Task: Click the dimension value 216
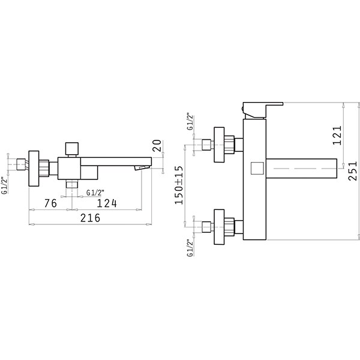pos(90,218)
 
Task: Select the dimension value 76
pos(50,203)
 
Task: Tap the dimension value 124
pos(107,203)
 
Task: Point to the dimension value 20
pos(157,146)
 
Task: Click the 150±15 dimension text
pos(179,185)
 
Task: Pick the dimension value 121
pos(337,135)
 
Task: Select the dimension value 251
pos(353,171)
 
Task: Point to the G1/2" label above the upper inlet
pos(191,121)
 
